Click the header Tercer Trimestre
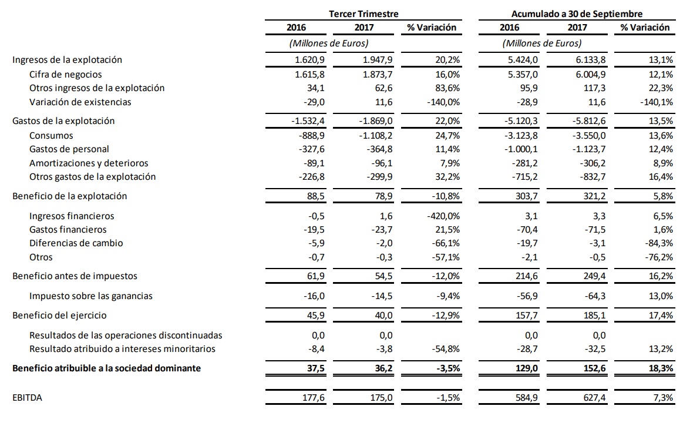[x=363, y=14]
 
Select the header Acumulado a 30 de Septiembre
[x=577, y=14]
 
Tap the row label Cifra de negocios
[x=65, y=74]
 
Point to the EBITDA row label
[x=27, y=398]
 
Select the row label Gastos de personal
[x=69, y=149]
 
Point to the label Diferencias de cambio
[x=76, y=243]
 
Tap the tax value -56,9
[x=524, y=296]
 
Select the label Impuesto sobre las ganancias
[x=91, y=296]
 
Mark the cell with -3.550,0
[x=590, y=136]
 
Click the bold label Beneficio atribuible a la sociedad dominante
[x=106, y=368]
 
